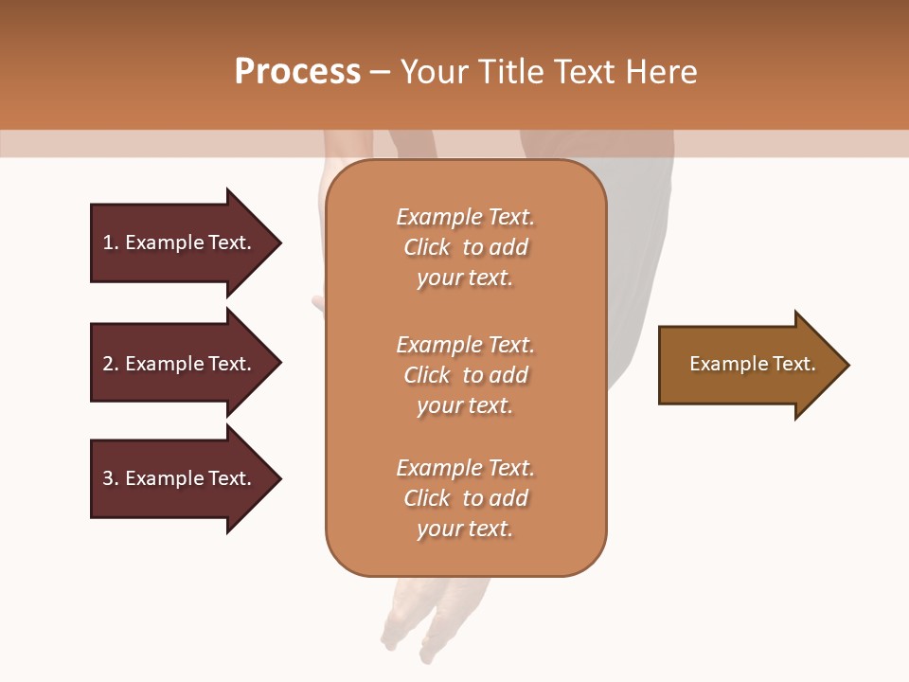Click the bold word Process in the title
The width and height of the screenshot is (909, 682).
297,72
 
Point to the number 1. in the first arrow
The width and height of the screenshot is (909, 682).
111,242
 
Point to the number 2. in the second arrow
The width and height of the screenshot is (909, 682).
111,364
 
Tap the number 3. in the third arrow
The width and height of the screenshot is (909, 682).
111,478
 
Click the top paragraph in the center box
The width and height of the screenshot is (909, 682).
465,247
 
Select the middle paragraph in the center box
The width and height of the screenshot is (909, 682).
465,375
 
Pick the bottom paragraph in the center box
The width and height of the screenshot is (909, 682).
465,498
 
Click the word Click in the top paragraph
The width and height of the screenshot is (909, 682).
427,247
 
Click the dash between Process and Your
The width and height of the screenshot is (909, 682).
380,72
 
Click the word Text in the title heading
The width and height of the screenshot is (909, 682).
584,72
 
